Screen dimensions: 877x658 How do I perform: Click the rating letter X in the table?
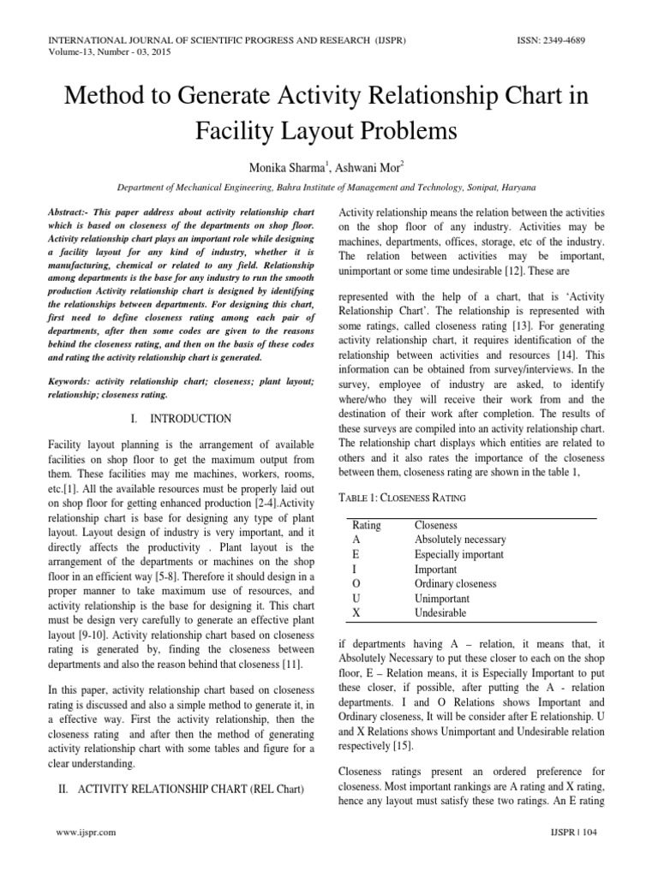(356, 613)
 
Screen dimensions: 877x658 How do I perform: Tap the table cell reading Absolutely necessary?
(460, 540)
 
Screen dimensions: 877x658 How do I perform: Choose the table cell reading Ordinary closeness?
(455, 584)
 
